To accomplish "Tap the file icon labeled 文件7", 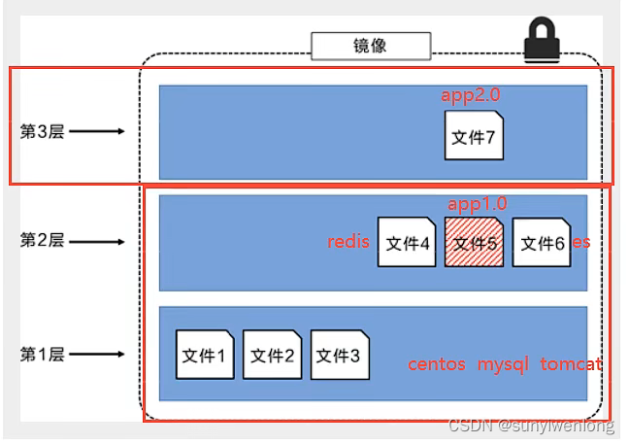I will tap(474, 137).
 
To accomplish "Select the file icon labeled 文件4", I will tap(407, 243).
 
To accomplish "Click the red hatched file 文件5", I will tap(474, 243).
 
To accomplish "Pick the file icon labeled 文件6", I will tap(542, 243).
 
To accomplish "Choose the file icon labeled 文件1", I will tap(204, 355).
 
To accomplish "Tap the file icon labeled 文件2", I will tap(272, 355).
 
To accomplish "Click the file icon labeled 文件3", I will tap(340, 355).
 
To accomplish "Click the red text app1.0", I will tap(478, 204).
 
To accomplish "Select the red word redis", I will tap(348, 242).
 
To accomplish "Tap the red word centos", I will tap(437, 364).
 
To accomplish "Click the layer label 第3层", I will tap(42, 131).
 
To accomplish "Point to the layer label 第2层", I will tap(42, 241).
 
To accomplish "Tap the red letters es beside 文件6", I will tap(581, 242).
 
